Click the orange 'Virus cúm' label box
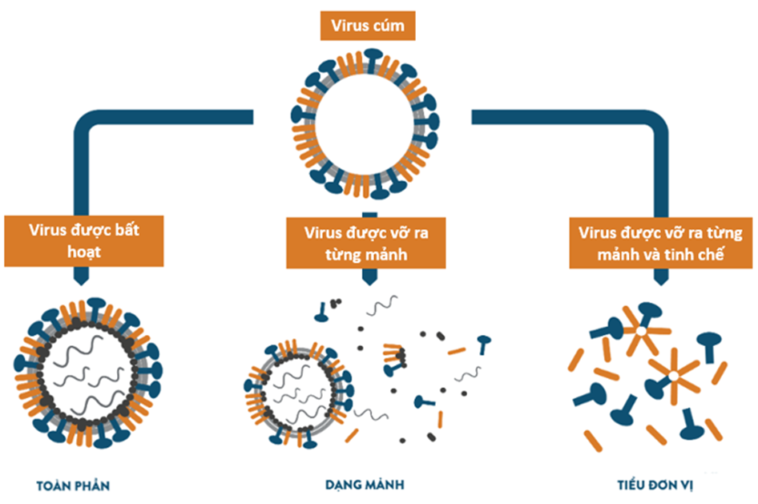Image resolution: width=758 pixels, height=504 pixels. (368, 26)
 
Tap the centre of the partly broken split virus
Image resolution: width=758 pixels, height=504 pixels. (297, 389)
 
